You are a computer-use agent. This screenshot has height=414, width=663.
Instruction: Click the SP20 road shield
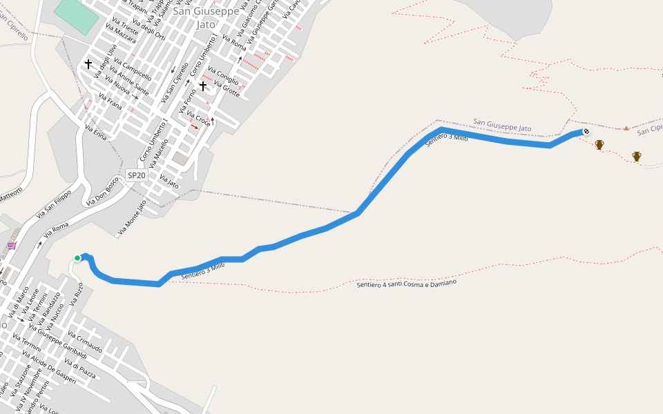point(136,175)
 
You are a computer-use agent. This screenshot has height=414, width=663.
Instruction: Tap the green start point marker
point(77,258)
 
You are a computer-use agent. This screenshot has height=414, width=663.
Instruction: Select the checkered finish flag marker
point(586,131)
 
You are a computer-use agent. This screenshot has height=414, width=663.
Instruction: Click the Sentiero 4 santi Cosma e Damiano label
point(407,283)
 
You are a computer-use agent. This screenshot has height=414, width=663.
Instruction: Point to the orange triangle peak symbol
point(626,128)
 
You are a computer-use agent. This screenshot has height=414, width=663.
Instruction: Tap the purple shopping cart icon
point(12,246)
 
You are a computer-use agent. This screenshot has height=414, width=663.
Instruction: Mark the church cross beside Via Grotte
point(203,86)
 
